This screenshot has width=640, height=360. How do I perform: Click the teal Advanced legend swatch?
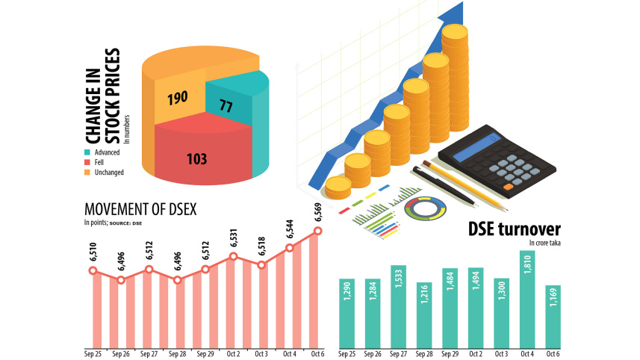pyautogui.click(x=88, y=152)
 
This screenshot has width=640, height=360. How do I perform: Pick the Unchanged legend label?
pyautogui.click(x=109, y=172)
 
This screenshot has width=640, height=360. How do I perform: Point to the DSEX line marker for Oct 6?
pyautogui.click(x=317, y=231)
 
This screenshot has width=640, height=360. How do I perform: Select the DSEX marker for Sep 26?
pyautogui.click(x=121, y=280)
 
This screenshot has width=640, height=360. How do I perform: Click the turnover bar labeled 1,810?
pyautogui.click(x=527, y=299)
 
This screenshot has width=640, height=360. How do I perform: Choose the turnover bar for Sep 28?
pyautogui.click(x=423, y=314)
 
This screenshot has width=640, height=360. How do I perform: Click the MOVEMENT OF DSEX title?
pyautogui.click(x=141, y=208)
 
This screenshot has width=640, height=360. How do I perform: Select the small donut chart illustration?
pyautogui.click(x=425, y=208)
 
